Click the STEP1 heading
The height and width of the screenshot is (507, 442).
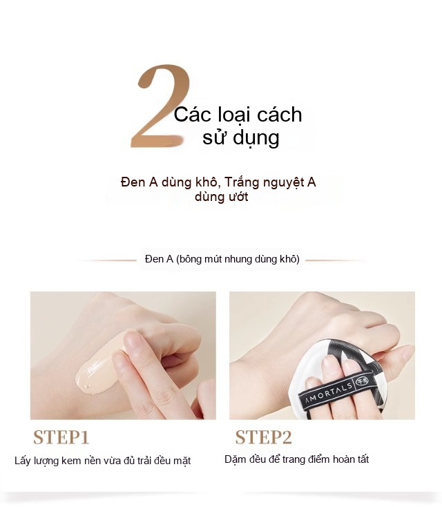coord(61,437)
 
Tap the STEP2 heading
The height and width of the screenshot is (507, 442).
coord(264,437)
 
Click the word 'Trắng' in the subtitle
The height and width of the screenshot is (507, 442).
coord(242,182)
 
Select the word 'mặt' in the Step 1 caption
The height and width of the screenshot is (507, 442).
coord(182,461)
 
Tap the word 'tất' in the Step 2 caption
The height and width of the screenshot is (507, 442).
coord(363,459)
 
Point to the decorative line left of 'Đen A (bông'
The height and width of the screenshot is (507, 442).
coord(106,260)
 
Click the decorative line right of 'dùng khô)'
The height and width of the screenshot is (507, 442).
coord(336,260)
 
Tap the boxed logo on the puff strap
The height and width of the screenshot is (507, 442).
coord(362,381)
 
